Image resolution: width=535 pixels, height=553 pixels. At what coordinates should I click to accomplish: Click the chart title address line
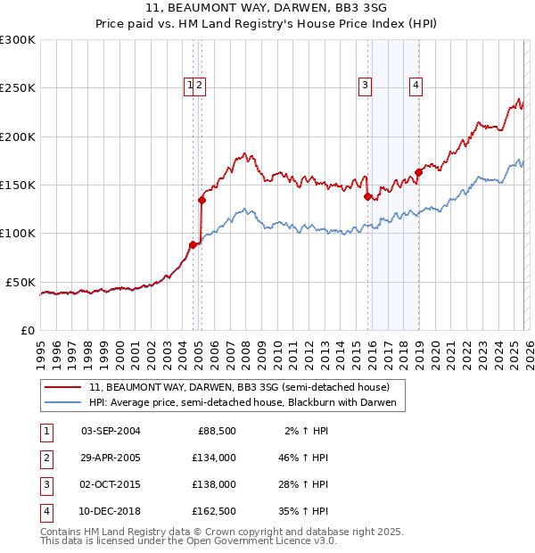(x=267, y=8)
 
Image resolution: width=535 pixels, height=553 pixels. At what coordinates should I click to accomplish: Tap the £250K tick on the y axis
(x=18, y=88)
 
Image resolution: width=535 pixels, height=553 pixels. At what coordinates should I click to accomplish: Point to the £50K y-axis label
(x=21, y=282)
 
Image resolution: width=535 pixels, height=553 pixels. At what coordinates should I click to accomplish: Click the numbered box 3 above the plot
(x=366, y=86)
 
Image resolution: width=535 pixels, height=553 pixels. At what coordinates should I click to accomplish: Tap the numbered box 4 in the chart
(x=416, y=86)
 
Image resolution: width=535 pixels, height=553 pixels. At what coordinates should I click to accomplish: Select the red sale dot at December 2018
(x=418, y=172)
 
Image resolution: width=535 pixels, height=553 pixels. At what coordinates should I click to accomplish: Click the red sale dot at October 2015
(x=367, y=196)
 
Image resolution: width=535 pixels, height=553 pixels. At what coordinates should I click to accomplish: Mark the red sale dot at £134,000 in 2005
(x=202, y=201)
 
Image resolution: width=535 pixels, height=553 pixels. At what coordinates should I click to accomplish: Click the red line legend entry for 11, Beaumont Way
(x=239, y=387)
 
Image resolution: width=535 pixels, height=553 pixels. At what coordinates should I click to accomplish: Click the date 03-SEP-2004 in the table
(x=111, y=431)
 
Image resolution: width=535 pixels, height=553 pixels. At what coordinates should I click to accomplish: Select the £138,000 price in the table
(x=213, y=484)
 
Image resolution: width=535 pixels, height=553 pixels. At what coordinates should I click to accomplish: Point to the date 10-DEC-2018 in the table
(x=111, y=511)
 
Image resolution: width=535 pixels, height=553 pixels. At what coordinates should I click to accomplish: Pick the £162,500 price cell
(x=213, y=511)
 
